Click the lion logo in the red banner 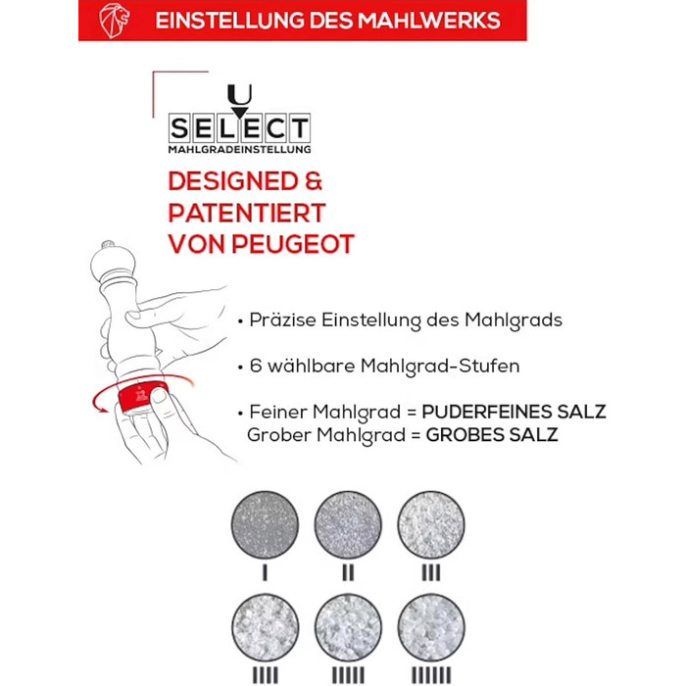(115, 21)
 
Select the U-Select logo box (239, 119)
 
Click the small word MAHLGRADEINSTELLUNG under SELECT (239, 149)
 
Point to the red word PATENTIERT (247, 213)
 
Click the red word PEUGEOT (293, 244)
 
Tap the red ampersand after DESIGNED (314, 181)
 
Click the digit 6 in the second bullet (255, 366)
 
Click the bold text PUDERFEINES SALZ (514, 412)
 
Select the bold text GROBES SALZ (492, 435)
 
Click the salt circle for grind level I (265, 524)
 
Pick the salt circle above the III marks (431, 524)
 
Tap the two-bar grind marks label (348, 572)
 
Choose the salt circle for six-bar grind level (431, 627)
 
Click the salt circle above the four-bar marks (265, 627)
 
